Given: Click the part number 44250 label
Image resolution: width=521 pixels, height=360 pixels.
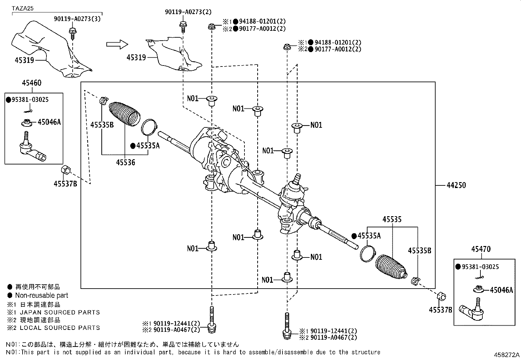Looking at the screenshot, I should tap(456, 185).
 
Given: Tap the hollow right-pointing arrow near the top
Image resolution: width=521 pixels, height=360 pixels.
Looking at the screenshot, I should tap(117, 44).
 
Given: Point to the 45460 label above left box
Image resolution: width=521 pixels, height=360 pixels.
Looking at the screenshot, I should tap(31, 83).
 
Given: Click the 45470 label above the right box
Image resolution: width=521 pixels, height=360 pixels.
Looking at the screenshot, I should tap(481, 249).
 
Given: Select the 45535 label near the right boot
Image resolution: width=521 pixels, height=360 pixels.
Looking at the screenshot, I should tap(392, 219).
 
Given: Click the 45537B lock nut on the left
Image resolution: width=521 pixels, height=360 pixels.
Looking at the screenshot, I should tap(65, 170).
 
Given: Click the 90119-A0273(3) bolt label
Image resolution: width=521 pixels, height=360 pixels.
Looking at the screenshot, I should tap(77, 19).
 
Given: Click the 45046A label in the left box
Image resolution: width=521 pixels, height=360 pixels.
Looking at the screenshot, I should tap(49, 122).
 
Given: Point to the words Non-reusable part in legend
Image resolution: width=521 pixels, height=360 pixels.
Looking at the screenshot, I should tap(42, 295).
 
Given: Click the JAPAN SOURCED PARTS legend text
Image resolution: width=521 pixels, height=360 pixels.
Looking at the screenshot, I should tap(60, 313).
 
